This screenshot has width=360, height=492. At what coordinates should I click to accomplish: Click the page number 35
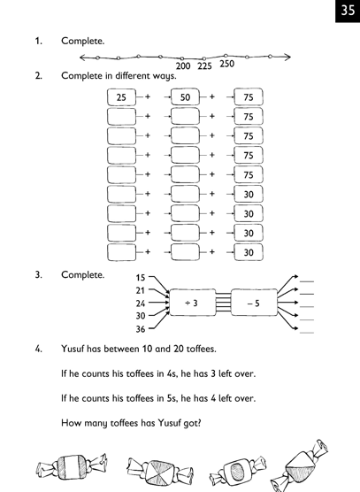pos(348,10)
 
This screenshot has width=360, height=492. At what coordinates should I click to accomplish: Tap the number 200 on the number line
pos(183,65)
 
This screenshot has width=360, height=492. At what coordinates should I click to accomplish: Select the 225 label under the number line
pos(204,66)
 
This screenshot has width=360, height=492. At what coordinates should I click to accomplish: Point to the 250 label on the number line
pos(226,64)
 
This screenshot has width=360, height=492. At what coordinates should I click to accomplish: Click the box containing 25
pos(122,97)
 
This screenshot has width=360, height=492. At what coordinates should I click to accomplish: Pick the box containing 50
pos(185,97)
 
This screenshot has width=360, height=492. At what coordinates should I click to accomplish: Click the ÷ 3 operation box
pos(193,303)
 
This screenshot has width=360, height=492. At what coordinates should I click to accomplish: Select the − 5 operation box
pos(254,303)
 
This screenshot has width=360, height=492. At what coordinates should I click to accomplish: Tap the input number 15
pos(141,278)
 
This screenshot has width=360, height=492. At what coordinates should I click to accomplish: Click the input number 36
pos(141,329)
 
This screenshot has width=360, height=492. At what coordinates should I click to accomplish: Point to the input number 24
pos(141,304)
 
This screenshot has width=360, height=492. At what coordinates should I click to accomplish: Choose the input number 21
pos(141,290)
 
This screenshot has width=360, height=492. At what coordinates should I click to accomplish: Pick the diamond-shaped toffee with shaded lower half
pos(299,466)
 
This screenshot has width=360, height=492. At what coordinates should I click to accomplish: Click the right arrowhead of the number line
pos(287,57)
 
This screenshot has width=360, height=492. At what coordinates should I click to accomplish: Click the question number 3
pos(38,275)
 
